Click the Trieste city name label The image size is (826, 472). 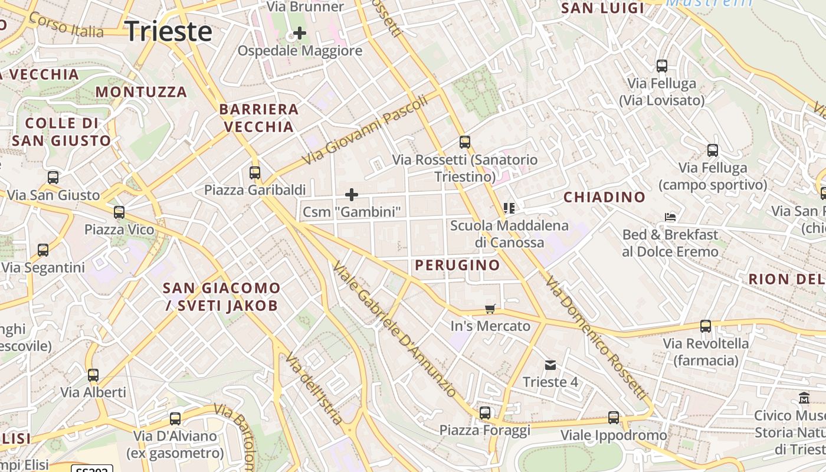[169, 31]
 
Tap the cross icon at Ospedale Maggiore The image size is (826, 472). [300, 33]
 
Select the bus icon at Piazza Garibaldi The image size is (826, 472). [255, 173]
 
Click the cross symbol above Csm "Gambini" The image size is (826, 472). [352, 195]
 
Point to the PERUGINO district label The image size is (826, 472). [457, 265]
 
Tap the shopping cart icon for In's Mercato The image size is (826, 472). [490, 309]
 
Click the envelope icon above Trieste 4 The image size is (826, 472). [550, 365]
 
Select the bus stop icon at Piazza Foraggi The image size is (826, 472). [485, 413]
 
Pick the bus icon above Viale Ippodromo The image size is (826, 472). [614, 418]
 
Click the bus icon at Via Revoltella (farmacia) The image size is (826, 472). [706, 326]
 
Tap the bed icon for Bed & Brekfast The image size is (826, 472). [670, 217]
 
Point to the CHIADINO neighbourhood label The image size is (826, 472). [604, 198]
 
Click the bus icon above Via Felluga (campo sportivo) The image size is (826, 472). [713, 150]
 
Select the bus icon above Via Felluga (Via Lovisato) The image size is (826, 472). [662, 66]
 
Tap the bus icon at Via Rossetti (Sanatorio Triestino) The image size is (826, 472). [465, 142]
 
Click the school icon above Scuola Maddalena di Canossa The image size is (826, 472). [509, 208]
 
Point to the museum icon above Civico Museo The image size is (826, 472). [804, 398]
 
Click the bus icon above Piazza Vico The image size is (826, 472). [119, 212]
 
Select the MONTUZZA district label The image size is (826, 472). [141, 92]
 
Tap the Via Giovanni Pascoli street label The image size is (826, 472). [365, 130]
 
